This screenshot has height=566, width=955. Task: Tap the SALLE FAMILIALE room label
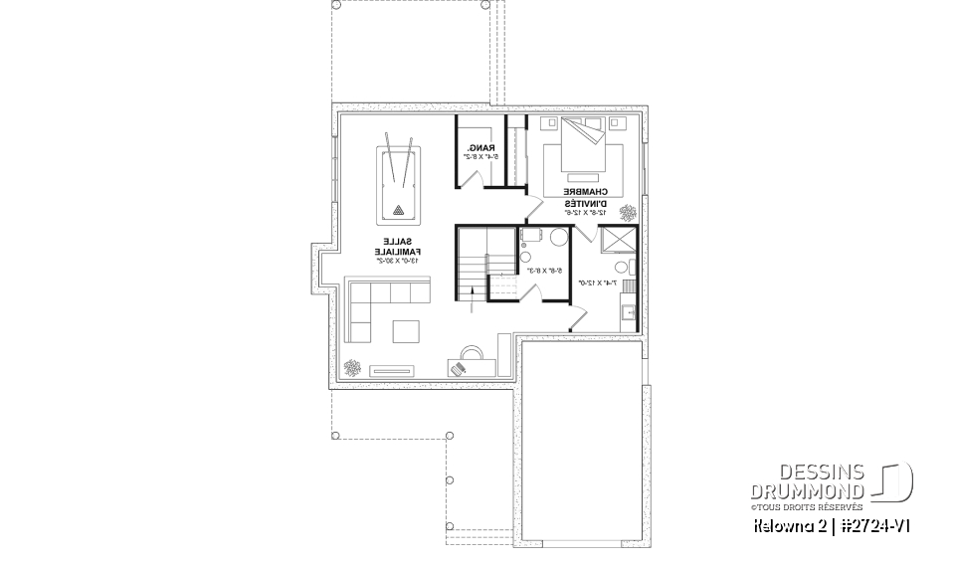coord(399,247)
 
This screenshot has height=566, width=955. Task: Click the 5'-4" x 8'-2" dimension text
coord(479,158)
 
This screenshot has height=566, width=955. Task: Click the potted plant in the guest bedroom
coord(629,212)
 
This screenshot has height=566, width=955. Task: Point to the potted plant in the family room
coord(352,367)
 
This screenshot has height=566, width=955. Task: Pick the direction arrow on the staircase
coord(471,289)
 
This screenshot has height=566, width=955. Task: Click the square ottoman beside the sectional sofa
coord(406,330)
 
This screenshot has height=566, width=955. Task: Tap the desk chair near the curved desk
coord(458,367)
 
